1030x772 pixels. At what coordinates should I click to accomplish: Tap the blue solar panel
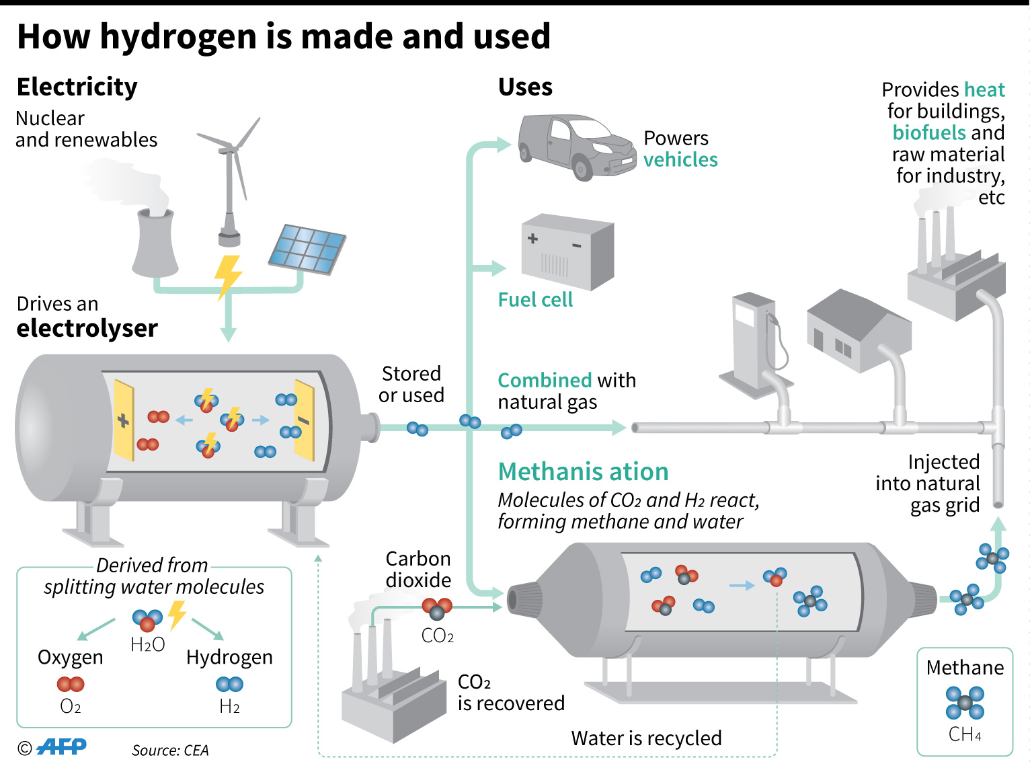(307, 249)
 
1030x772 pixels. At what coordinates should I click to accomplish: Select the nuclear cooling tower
(155, 242)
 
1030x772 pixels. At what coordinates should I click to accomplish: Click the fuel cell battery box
(567, 252)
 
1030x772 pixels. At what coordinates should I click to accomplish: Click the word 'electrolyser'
(87, 328)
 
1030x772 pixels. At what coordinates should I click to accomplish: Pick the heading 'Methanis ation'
(583, 471)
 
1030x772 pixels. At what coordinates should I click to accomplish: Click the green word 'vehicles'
(680, 160)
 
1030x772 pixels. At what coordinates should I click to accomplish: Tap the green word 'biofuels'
(928, 132)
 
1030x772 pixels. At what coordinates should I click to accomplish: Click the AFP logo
(61, 747)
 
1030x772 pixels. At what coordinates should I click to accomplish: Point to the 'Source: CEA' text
(170, 750)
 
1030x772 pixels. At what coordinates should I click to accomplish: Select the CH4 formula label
(964, 734)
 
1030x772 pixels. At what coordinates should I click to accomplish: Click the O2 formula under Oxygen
(70, 706)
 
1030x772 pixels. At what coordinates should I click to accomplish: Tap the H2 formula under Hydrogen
(229, 706)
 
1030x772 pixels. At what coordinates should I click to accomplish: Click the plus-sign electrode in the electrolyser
(124, 421)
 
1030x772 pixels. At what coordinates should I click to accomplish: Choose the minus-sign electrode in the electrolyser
(304, 421)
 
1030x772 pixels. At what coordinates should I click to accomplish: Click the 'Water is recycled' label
(646, 738)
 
